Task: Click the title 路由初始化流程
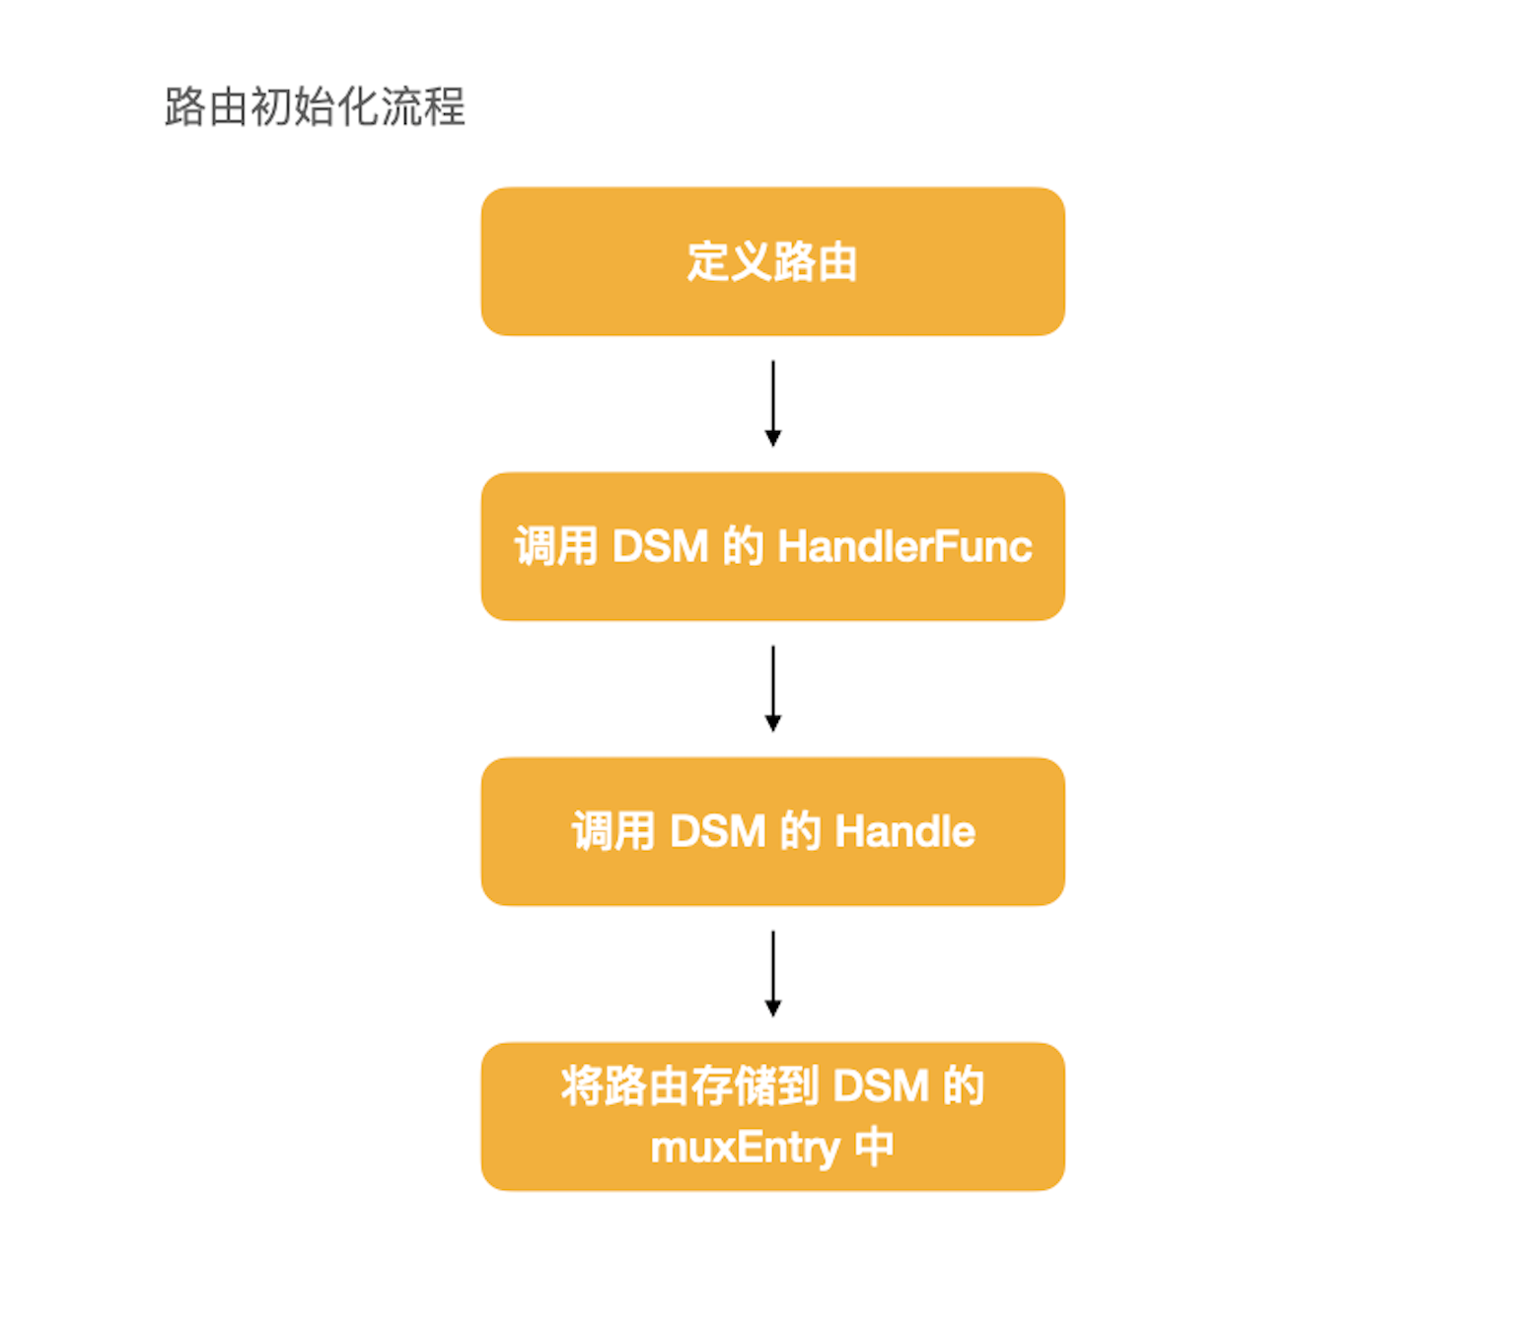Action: [x=314, y=106]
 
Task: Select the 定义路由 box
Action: [x=772, y=261]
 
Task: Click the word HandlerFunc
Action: [x=904, y=546]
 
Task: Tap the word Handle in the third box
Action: [x=904, y=831]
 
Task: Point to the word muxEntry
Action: [x=745, y=1147]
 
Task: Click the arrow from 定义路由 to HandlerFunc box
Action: [x=773, y=402]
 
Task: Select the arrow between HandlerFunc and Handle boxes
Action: [x=773, y=687]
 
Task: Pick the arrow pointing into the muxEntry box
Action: [x=773, y=972]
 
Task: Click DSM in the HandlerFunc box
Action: [x=660, y=546]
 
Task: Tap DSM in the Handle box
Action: [x=717, y=831]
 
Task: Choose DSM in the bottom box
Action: [x=881, y=1085]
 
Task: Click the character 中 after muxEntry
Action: [x=874, y=1147]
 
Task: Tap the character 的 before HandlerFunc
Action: [x=744, y=546]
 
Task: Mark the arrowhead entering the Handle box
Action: [x=773, y=724]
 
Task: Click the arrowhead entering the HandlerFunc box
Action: [x=773, y=439]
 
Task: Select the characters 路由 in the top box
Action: [x=816, y=261]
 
